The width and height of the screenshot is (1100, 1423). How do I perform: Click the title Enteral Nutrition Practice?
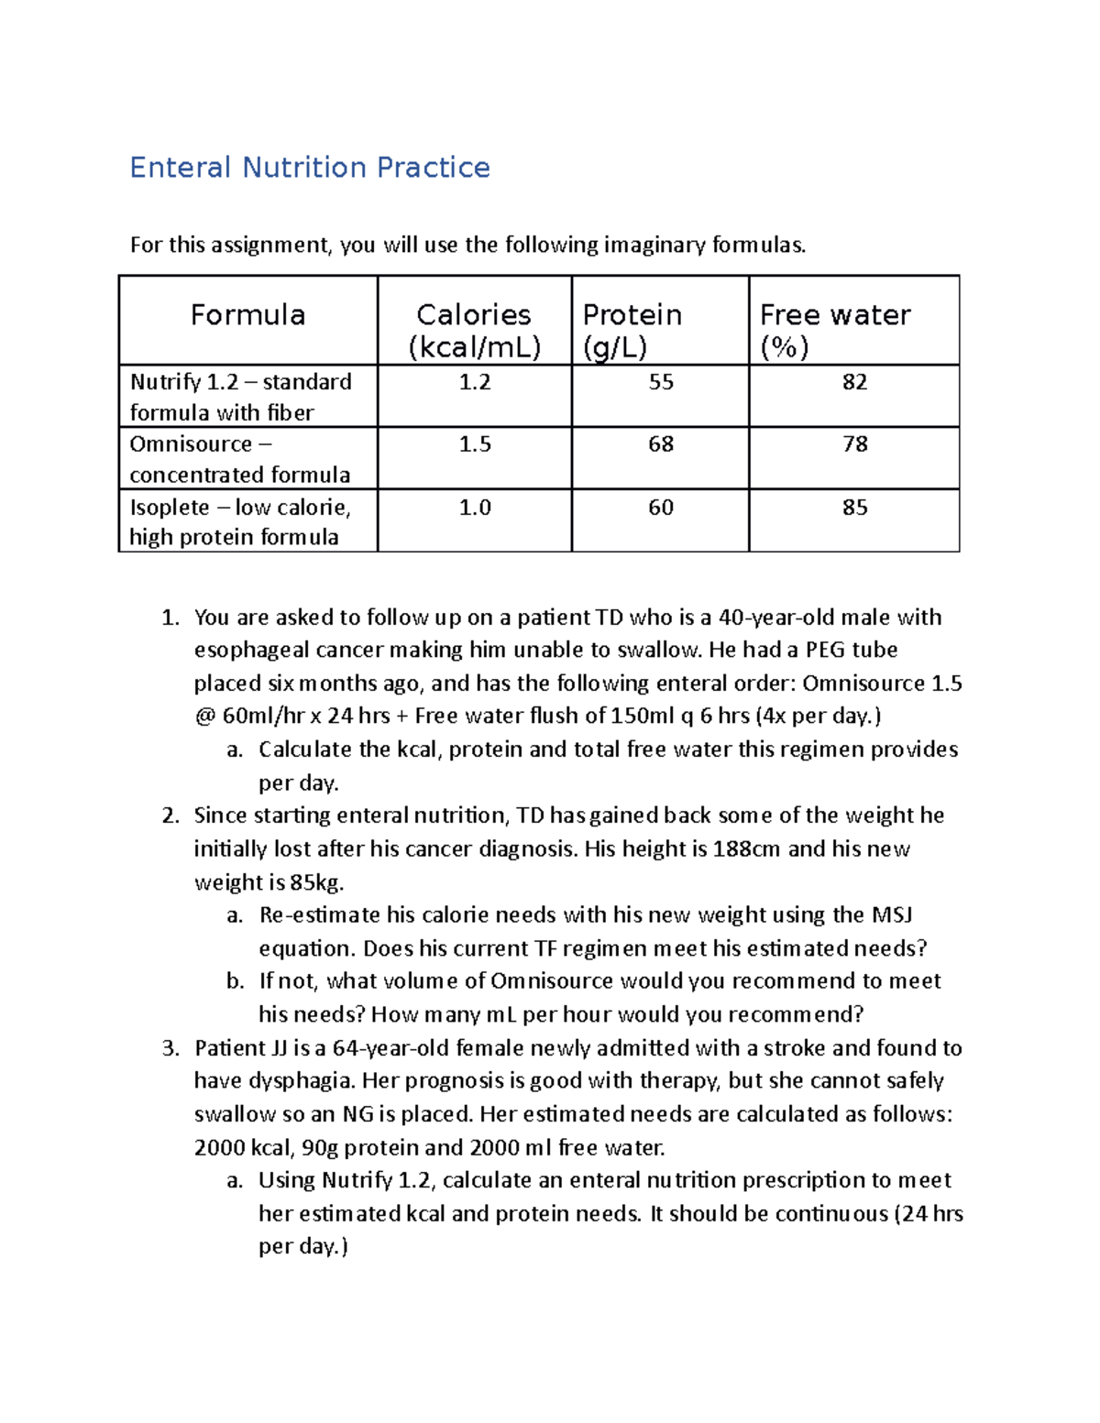310,168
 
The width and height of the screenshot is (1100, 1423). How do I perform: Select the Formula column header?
247,315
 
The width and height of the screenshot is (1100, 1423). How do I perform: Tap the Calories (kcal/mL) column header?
474,330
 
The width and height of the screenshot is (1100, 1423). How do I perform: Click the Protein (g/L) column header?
632,330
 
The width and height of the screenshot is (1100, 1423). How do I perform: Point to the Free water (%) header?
834,330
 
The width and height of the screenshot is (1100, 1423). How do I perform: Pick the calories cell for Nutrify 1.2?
475,382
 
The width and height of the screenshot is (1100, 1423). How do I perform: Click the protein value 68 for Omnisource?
661,444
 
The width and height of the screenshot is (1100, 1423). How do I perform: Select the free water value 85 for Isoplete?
854,508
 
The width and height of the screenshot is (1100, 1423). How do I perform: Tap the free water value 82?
854,382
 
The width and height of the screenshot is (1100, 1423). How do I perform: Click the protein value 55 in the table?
661,382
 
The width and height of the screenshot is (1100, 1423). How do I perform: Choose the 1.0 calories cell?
475,508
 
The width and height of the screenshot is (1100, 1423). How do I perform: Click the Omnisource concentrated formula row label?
240,459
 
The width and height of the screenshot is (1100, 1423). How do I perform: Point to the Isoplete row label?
240,521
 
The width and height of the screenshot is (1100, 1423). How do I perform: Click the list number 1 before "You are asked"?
170,618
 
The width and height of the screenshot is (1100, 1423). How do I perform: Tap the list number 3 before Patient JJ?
170,1048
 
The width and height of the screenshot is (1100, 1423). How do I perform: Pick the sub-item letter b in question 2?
235,981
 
